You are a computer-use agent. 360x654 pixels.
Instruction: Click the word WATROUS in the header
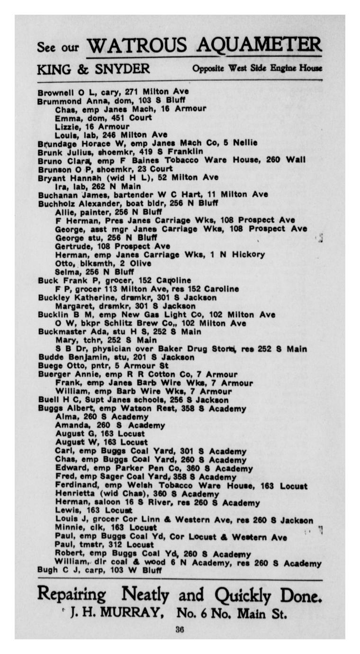(137, 46)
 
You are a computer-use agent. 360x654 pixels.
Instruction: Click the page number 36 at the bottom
(180, 630)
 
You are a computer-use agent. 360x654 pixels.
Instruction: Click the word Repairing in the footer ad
(72, 594)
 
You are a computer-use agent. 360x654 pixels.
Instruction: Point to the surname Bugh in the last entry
(47, 571)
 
